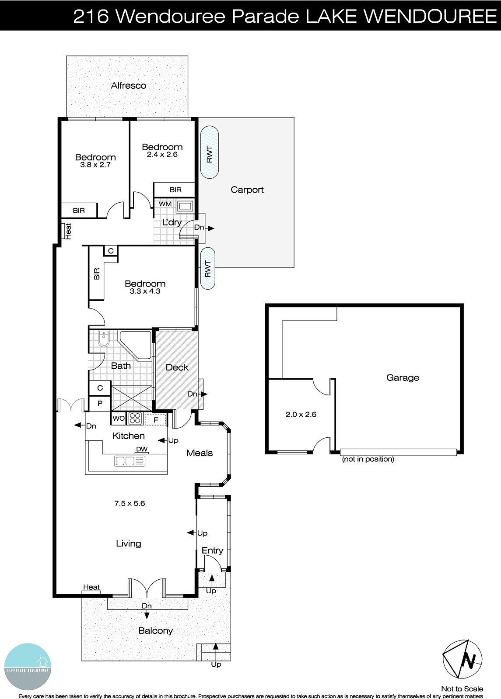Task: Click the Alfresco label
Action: [128, 86]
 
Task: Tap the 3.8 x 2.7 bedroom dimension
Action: [95, 165]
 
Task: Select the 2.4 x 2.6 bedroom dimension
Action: [162, 155]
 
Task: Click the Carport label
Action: [247, 190]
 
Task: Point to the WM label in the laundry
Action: [165, 204]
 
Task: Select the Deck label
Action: [177, 367]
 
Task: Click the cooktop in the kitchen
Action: [135, 419]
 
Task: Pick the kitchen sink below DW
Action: [130, 460]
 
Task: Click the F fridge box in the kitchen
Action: [155, 420]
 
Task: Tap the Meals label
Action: [199, 453]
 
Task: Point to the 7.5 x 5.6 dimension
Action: [130, 503]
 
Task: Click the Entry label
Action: [212, 550]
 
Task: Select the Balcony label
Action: [155, 631]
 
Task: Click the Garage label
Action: [403, 378]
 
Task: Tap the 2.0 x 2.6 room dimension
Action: [301, 414]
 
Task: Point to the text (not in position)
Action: [368, 459]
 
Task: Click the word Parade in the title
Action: [265, 16]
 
